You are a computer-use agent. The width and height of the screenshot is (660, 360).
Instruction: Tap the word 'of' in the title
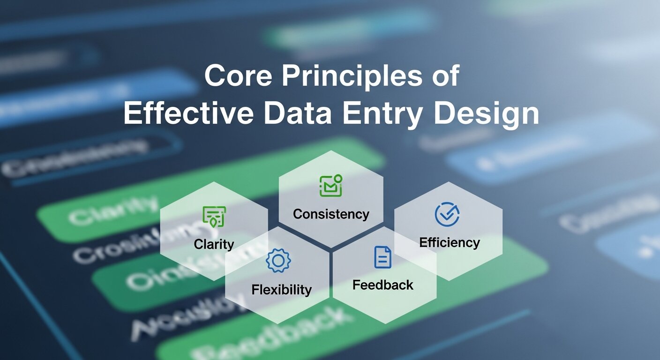pos(443,76)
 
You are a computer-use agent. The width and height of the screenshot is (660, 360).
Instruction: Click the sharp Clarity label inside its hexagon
pos(214,244)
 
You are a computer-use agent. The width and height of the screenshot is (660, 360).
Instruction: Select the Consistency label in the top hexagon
pos(331,214)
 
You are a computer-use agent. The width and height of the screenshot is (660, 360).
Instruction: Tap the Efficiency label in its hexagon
pos(449,242)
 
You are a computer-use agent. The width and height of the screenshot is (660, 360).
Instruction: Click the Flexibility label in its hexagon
pos(281,289)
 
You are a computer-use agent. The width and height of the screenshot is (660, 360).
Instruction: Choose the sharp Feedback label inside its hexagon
pos(382,285)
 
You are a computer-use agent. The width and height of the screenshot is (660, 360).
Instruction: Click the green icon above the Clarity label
pos(214,217)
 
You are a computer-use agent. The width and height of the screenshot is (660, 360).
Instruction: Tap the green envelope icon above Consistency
pos(330,186)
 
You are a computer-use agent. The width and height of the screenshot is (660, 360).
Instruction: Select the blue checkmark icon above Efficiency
pos(447,215)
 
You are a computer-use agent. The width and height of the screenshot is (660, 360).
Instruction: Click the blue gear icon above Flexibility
pos(278,261)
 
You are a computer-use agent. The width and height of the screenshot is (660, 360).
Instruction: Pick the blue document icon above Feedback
pos(382,257)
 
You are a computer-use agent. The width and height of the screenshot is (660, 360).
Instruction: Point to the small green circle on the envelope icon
pos(338,178)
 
